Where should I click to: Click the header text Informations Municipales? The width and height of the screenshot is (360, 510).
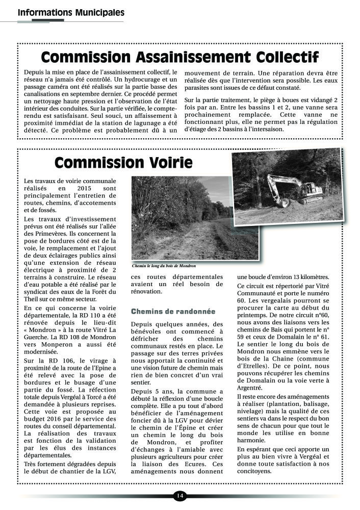click(71, 12)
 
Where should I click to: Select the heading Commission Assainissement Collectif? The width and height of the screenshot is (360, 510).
click(179, 56)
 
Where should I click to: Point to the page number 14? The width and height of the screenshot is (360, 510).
click(179, 496)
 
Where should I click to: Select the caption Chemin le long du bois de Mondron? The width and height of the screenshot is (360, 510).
click(163, 266)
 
